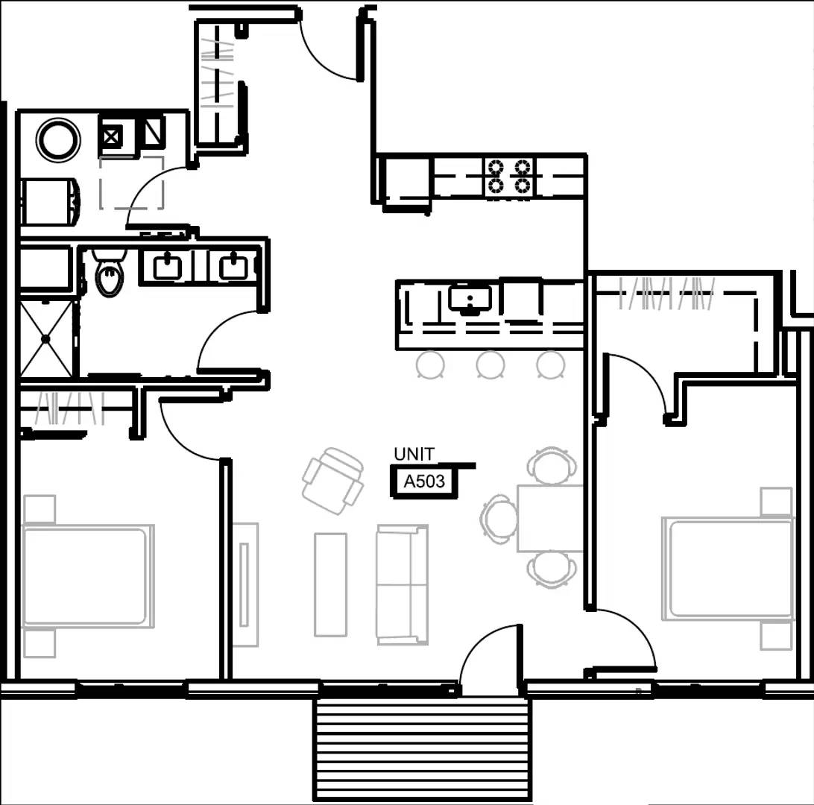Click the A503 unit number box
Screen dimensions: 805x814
click(424, 482)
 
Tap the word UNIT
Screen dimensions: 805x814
click(414, 454)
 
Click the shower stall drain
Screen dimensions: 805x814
click(46, 338)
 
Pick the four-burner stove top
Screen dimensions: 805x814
click(509, 177)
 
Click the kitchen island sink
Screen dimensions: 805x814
click(470, 299)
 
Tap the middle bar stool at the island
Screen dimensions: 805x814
click(490, 364)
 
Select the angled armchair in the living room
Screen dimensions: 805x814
click(332, 481)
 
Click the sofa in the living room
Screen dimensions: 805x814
click(402, 584)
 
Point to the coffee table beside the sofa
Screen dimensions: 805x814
click(330, 584)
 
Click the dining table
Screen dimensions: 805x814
click(550, 518)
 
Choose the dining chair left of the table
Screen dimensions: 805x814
click(499, 519)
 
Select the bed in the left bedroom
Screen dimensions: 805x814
click(86, 576)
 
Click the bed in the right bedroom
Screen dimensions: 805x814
click(728, 568)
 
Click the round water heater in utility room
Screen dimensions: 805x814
click(58, 139)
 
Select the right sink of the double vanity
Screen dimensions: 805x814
click(234, 266)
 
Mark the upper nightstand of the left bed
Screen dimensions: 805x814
click(40, 509)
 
